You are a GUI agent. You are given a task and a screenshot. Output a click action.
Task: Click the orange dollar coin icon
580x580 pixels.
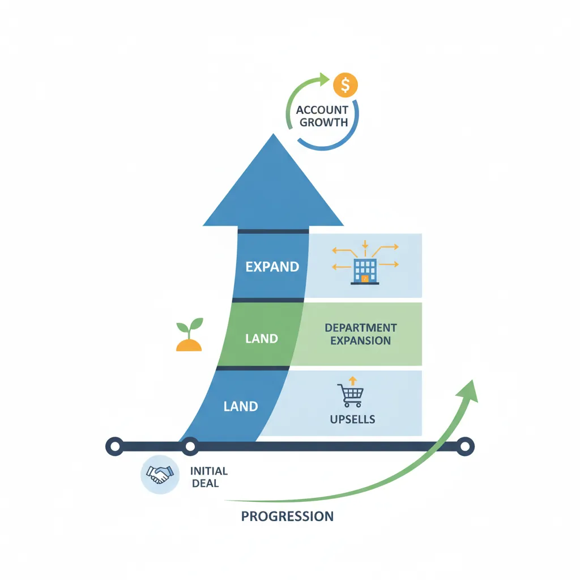pos(346,85)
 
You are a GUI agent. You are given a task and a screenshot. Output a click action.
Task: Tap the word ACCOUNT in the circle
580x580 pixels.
pos(322,110)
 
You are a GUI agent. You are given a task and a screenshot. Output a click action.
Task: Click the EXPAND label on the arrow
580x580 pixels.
pos(272,267)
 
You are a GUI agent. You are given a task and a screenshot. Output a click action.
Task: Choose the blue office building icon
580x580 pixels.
pos(365,271)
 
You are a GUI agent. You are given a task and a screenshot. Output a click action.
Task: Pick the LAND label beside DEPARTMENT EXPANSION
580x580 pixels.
pos(261,339)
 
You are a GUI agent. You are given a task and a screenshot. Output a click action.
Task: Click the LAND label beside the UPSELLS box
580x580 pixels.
pos(241,406)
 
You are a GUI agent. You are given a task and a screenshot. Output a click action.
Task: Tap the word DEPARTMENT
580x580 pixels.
pos(361,328)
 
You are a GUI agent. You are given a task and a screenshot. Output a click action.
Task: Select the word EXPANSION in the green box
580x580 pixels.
pos(361,340)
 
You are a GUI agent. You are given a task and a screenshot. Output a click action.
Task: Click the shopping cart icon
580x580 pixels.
pos(350,395)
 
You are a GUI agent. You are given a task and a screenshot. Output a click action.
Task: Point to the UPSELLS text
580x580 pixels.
pos(352,420)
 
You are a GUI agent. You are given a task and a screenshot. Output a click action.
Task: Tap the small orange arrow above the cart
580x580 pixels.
pos(352,380)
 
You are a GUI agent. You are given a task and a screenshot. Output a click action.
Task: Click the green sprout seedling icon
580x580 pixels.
pos(189,336)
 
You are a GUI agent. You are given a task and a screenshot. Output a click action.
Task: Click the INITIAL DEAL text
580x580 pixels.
pos(209,477)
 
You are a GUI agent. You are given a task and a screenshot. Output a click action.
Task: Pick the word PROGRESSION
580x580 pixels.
pos(287,516)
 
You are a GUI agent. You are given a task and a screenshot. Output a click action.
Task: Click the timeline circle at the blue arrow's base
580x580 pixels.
pos(190,446)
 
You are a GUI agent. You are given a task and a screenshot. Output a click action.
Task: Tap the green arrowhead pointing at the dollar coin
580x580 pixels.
pos(325,79)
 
